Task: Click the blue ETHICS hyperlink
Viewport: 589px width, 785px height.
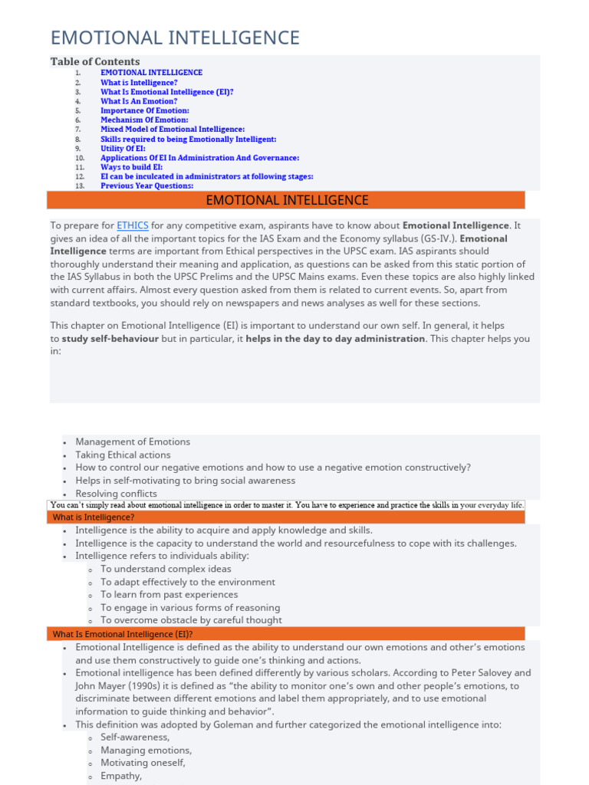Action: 133,225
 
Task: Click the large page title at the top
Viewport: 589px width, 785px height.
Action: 175,38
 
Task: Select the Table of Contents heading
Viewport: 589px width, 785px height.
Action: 95,61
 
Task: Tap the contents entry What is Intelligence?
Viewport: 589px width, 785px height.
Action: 139,82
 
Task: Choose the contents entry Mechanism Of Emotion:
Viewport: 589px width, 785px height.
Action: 144,120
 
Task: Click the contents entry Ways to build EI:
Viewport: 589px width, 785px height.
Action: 131,167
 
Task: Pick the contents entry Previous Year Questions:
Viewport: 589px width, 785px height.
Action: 146,186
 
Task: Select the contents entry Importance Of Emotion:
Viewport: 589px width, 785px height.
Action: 145,110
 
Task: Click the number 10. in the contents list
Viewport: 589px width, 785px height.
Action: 80,158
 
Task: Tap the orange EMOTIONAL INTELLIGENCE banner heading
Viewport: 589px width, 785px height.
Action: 287,201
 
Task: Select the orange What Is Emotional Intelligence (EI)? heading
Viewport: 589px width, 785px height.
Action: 123,634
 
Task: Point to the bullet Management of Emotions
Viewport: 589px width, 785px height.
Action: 133,442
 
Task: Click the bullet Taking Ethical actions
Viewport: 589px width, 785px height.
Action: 123,455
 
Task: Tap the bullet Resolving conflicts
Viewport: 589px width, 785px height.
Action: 116,494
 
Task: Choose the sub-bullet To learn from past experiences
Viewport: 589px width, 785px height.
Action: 169,594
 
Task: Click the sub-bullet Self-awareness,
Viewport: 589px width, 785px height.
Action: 135,737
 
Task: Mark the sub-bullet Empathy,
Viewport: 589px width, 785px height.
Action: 121,776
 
